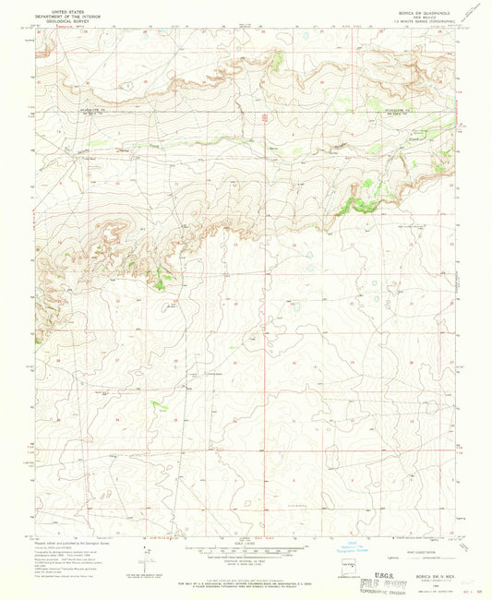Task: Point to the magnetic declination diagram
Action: [x=147, y=555]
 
